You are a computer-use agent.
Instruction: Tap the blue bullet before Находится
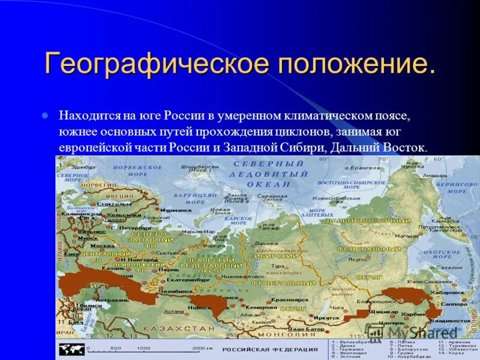pyautogui.click(x=46, y=114)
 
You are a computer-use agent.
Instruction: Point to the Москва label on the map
pyautogui.click(x=102, y=246)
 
